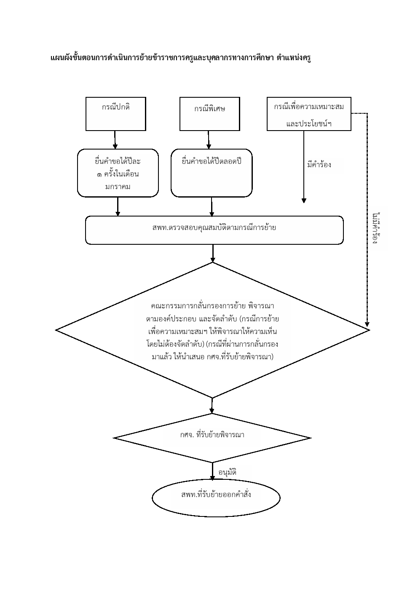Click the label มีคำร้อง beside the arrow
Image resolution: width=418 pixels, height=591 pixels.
click(319, 165)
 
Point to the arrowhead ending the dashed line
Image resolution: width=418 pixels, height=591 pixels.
click(367, 324)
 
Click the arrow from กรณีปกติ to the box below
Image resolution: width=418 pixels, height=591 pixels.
click(115, 140)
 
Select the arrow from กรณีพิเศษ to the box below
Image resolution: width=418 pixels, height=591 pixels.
click(209, 140)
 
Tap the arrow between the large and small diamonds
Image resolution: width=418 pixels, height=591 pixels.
click(212, 406)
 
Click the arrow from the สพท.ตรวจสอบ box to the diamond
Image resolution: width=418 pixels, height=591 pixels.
click(213, 254)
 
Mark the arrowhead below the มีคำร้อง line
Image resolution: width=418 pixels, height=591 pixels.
click(304, 201)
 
